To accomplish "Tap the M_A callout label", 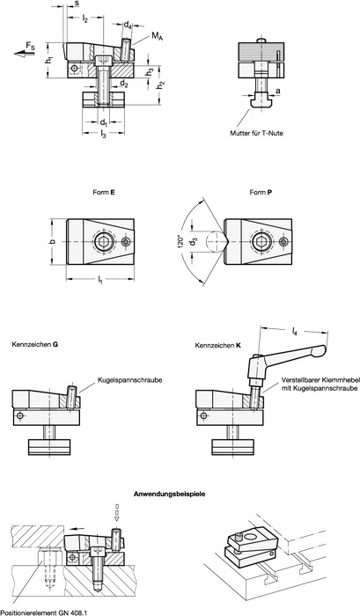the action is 157,37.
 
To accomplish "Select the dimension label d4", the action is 128,26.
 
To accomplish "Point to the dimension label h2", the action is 160,85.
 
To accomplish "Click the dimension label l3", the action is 103,135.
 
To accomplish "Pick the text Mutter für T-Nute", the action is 256,133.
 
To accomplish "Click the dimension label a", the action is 278,92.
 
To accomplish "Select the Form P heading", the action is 261,193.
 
